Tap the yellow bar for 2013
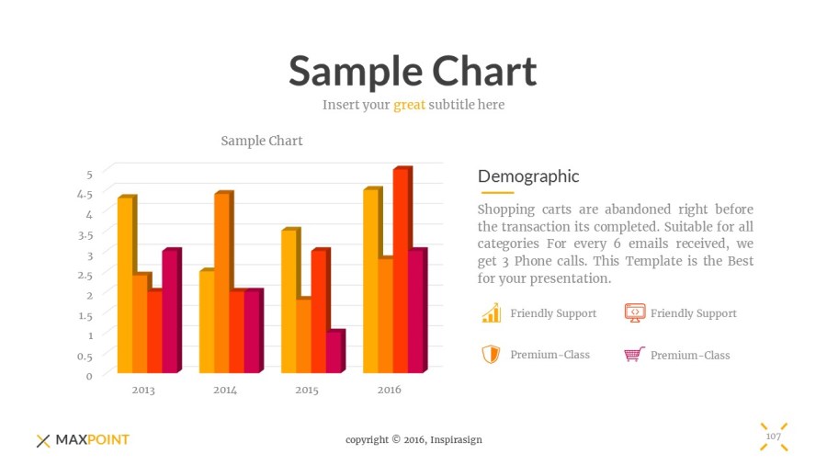(x=124, y=285)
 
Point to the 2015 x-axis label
(x=307, y=390)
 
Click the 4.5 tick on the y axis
(x=84, y=194)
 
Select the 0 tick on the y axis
(x=89, y=375)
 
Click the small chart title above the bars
(x=262, y=141)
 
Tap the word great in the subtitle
(x=409, y=105)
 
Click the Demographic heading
(x=528, y=176)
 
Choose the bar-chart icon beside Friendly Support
(x=492, y=313)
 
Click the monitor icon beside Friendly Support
(x=634, y=313)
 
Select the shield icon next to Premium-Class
(x=492, y=355)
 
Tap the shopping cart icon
(x=634, y=355)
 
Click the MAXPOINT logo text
(x=92, y=440)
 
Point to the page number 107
(x=774, y=436)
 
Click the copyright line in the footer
(x=413, y=440)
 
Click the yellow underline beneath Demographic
(x=496, y=193)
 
